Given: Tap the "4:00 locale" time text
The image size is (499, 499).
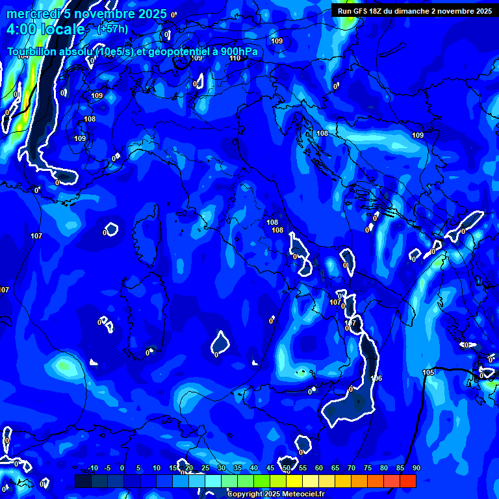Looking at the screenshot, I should click(45, 29).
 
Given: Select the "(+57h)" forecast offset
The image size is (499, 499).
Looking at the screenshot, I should click(112, 29).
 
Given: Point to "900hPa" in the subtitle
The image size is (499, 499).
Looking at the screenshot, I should click(240, 52).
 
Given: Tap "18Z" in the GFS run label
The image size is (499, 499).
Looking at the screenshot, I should click(377, 11).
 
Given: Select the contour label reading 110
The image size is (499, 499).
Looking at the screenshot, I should click(235, 58).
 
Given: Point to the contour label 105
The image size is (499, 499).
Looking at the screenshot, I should click(428, 372).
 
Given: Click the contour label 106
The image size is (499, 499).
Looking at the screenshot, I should click(376, 378).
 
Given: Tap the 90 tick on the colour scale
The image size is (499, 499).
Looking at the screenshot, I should click(416, 468).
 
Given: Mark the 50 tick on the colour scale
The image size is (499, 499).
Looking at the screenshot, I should click(286, 468).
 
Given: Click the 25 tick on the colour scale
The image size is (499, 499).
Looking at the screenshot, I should click(205, 468).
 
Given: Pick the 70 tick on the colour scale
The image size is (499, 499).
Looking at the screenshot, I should click(351, 468).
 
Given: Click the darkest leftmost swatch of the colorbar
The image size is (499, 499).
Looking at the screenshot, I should click(83, 481).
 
